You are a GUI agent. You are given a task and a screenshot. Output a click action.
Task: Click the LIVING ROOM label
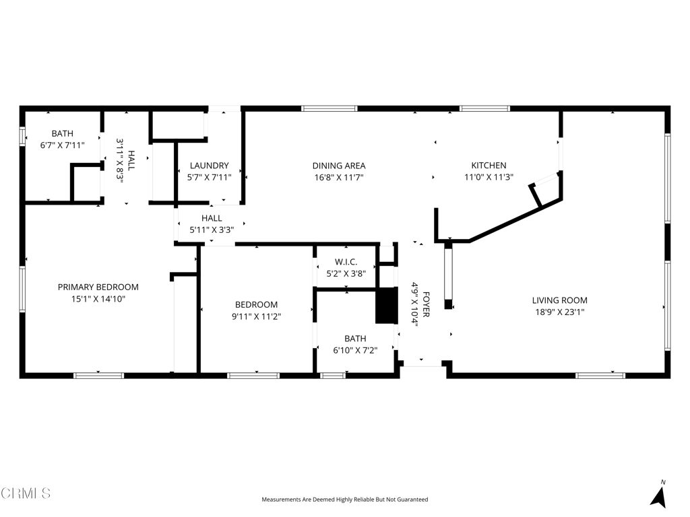pyautogui.click(x=559, y=300)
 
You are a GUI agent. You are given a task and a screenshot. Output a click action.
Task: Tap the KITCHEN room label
pyautogui.click(x=489, y=166)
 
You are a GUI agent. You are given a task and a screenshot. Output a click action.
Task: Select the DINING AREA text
pyautogui.click(x=339, y=166)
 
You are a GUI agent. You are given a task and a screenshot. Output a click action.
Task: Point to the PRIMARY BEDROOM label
pyautogui.click(x=98, y=287)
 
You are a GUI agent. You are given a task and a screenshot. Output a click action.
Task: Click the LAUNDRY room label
pyautogui.click(x=209, y=166)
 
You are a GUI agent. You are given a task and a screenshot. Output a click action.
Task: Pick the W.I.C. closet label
pyautogui.click(x=346, y=262)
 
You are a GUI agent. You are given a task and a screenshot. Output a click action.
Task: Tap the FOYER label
pyautogui.click(x=426, y=304)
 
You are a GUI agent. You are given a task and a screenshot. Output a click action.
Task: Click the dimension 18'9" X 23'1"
pyautogui.click(x=559, y=312)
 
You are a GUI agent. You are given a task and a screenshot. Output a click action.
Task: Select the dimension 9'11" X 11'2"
pyautogui.click(x=256, y=316)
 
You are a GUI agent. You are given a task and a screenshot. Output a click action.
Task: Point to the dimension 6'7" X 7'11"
pyautogui.click(x=62, y=145)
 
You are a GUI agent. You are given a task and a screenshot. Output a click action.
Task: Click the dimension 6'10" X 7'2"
pyautogui.click(x=355, y=350)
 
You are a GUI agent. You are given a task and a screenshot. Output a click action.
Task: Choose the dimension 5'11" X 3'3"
pyautogui.click(x=211, y=230)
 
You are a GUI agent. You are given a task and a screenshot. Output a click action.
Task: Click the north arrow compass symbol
pyautogui.click(x=659, y=494)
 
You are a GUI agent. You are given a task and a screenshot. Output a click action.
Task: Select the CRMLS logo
pyautogui.click(x=26, y=493)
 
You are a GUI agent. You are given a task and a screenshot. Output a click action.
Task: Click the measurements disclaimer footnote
pyautogui.click(x=344, y=499)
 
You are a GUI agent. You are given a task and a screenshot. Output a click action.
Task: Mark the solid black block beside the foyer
pyautogui.click(x=386, y=306)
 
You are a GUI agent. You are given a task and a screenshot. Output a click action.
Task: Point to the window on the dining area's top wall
pyautogui.click(x=329, y=108)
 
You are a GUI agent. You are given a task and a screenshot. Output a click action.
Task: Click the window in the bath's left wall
pyautogui.click(x=22, y=136)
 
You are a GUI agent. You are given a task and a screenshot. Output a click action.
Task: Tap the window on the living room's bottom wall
pyautogui.click(x=600, y=376)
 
